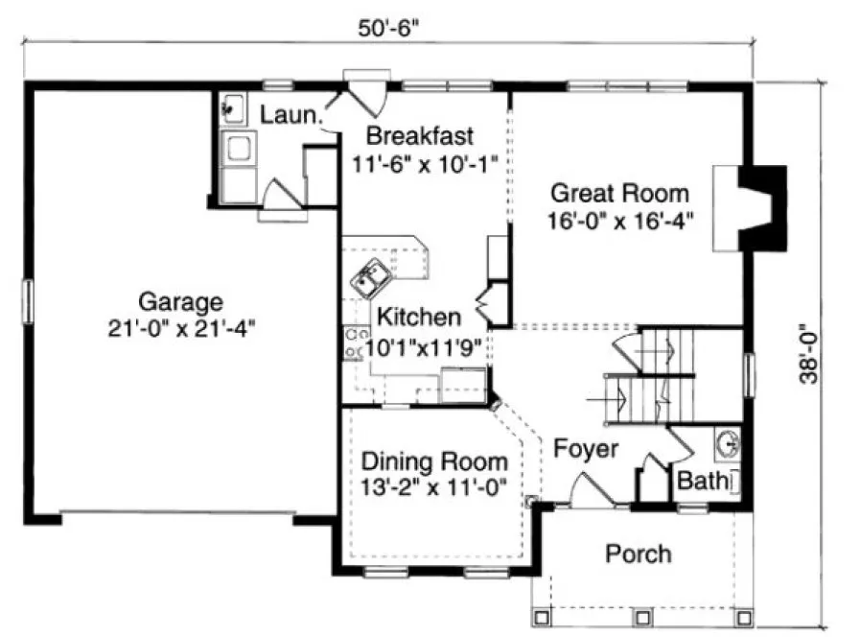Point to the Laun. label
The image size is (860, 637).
(289, 115)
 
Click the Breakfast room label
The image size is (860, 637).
(421, 133)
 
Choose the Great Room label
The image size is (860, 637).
(618, 193)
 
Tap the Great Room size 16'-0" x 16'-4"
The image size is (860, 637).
(622, 219)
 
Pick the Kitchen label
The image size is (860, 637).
(418, 316)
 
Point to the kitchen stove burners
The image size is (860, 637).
(353, 342)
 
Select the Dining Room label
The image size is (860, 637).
(434, 461)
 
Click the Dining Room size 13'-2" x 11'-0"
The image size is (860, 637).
(434, 487)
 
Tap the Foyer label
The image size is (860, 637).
(586, 448)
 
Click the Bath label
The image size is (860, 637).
(702, 480)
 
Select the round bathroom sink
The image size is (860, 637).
(728, 444)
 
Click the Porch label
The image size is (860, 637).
(639, 554)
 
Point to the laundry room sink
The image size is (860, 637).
(231, 107)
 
